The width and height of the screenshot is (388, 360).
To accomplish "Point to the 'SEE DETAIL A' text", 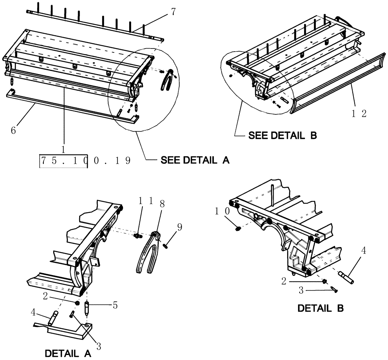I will click(x=195, y=160).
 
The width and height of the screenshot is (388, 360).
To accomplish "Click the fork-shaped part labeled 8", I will click(x=149, y=256).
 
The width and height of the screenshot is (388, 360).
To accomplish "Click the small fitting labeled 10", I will click(x=237, y=230).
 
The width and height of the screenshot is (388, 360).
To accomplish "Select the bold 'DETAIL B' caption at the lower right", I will click(x=320, y=308).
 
